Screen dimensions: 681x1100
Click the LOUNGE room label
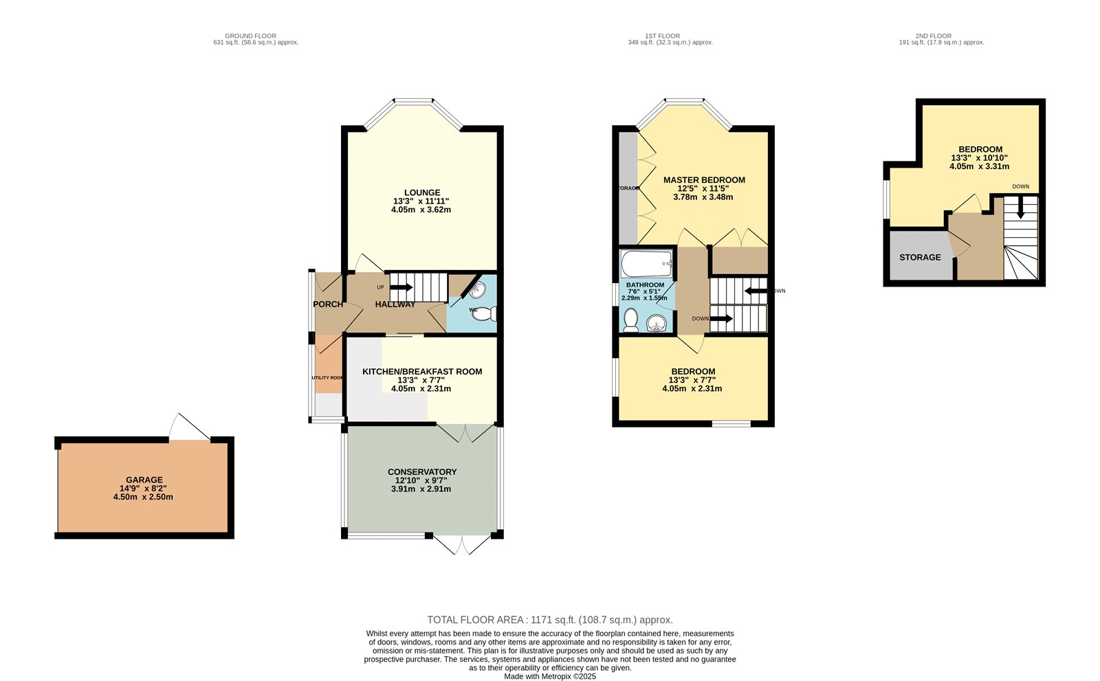pyautogui.click(x=422, y=193)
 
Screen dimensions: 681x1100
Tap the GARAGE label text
pyautogui.click(x=144, y=480)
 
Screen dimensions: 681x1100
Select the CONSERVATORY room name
pyautogui.click(x=422, y=472)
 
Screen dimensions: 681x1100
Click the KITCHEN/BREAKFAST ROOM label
pyautogui.click(x=422, y=372)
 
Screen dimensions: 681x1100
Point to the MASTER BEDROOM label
pyautogui.click(x=704, y=180)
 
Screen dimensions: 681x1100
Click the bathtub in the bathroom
pyautogui.click(x=646, y=263)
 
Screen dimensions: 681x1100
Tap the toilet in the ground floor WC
pyautogui.click(x=485, y=313)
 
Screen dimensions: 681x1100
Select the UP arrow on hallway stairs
pyautogui.click(x=401, y=287)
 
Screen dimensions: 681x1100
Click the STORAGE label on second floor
pyautogui.click(x=920, y=257)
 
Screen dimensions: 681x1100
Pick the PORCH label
pyautogui.click(x=328, y=304)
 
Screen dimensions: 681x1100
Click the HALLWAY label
pyautogui.click(x=395, y=304)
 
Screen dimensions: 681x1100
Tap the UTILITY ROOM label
pyautogui.click(x=328, y=378)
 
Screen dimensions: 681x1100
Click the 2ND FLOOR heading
pyautogui.click(x=933, y=36)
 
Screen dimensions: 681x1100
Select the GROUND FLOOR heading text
pyautogui.click(x=251, y=36)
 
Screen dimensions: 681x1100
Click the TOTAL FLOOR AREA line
pyautogui.click(x=550, y=620)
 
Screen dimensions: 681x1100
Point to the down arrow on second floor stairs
pyautogui.click(x=1020, y=208)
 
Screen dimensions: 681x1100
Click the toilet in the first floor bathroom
pyautogui.click(x=631, y=321)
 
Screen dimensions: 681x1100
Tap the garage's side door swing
pyautogui.click(x=189, y=428)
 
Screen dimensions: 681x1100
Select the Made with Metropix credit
pyautogui.click(x=550, y=676)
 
